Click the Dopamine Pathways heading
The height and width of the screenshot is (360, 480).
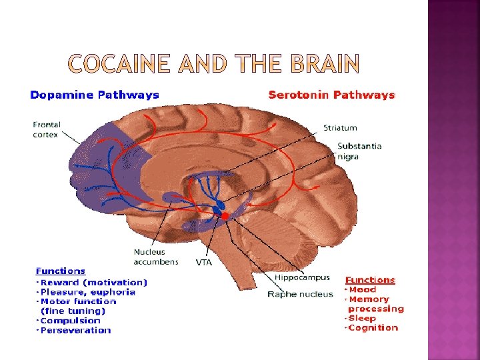pyautogui.click(x=95, y=95)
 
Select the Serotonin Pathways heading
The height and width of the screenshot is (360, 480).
pyautogui.click(x=331, y=95)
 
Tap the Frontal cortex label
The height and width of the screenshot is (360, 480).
pyautogui.click(x=46, y=129)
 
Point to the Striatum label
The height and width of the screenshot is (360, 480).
pyautogui.click(x=340, y=127)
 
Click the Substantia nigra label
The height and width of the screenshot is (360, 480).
pyautogui.click(x=359, y=151)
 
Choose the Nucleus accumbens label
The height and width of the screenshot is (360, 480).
pyautogui.click(x=156, y=257)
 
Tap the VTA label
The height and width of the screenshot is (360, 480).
pyautogui.click(x=204, y=263)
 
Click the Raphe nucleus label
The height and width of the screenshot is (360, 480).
pyautogui.click(x=300, y=294)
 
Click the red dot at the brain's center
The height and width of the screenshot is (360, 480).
pyautogui.click(x=225, y=216)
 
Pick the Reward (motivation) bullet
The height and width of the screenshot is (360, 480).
pyautogui.click(x=93, y=282)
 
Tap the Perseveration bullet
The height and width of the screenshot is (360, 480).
pyautogui.click(x=77, y=330)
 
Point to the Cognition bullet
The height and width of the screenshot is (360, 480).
pyautogui.click(x=373, y=327)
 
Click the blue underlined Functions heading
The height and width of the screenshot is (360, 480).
pyautogui.click(x=61, y=271)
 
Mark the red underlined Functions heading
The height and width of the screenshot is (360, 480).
pyautogui.click(x=370, y=280)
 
